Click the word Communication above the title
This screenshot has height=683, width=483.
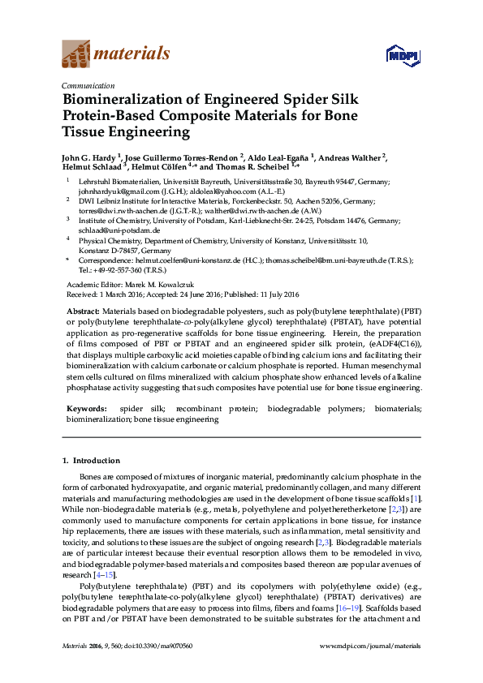tap(84, 84)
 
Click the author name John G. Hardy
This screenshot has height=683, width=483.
tap(90, 157)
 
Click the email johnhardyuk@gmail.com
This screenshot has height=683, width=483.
tap(113, 192)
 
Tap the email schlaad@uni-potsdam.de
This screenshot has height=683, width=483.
tap(107, 230)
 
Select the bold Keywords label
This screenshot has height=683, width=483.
tap(86, 409)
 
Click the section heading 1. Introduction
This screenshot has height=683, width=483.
tap(91, 460)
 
